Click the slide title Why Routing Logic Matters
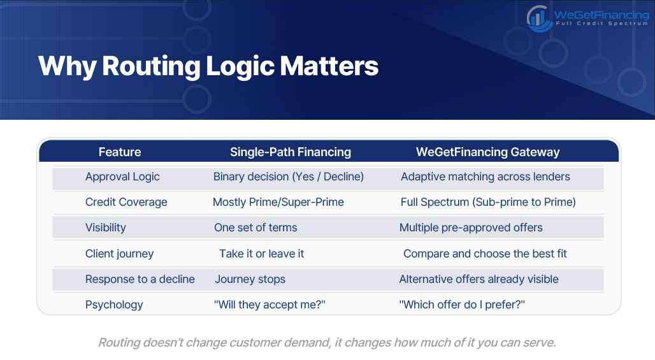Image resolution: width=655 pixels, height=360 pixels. pos(208,66)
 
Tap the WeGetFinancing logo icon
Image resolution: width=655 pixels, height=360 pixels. pos(539,18)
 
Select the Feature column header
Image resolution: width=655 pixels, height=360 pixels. pos(120,152)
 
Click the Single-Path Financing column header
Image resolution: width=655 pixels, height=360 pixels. pos(291,152)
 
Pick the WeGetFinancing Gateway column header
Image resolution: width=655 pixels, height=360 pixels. pos(487,152)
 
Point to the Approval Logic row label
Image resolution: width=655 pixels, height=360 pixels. pos(122,176)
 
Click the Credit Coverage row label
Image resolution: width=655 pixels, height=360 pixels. pos(126,202)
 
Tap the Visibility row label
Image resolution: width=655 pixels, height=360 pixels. pos(105,227)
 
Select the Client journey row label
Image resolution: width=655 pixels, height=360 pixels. pos(120,254)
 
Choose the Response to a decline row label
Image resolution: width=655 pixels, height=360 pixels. pos(140,279)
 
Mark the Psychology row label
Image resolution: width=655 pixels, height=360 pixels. pos(114,305)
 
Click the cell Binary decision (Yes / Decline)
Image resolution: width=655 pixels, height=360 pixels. pos(288,176)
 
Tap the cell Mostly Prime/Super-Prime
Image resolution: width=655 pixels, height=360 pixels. pos(278,202)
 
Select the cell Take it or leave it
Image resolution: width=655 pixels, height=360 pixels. pos(261,254)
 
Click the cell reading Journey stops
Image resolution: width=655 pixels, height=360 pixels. pos(250,279)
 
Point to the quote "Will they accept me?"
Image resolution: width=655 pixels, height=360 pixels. pos(270,305)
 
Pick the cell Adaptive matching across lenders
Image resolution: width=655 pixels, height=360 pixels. pos(486,176)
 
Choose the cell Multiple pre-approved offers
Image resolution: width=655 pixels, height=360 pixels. pos(471,227)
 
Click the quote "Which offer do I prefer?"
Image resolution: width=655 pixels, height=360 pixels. pos(462,305)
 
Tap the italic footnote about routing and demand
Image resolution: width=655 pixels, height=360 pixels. pos(327,342)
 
